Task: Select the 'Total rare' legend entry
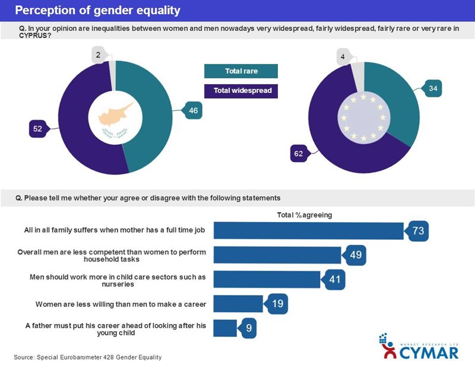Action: (240, 71)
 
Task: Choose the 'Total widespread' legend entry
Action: (240, 91)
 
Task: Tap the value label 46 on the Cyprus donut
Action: (193, 110)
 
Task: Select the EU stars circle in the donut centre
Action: (364, 117)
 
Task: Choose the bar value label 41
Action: (334, 280)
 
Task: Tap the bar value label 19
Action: (275, 304)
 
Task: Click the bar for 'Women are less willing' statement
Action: (237, 304)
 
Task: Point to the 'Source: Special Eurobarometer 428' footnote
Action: (88, 357)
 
